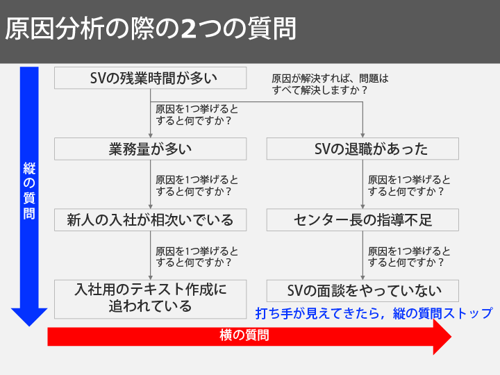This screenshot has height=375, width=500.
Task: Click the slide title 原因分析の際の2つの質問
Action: (151, 28)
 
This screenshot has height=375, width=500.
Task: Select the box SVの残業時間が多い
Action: (150, 78)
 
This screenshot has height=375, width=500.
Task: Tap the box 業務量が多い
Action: (150, 149)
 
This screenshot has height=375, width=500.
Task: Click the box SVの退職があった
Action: (362, 149)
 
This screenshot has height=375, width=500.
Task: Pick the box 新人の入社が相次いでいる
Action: (150, 220)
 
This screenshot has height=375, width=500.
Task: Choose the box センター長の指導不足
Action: (362, 220)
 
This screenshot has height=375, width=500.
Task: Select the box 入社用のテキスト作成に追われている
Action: (150, 299)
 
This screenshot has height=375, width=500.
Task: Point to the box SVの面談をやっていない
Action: (362, 291)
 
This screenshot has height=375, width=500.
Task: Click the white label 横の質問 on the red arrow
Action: (244, 335)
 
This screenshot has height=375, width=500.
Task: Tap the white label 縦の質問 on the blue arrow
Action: (29, 191)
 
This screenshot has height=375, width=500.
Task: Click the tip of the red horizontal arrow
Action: (451, 336)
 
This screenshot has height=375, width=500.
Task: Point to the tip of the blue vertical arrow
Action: (29, 326)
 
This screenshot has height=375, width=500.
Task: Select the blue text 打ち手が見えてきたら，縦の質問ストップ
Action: (374, 313)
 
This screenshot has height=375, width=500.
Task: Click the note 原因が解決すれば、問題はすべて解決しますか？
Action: (330, 85)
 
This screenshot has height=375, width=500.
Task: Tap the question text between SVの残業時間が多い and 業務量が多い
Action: (197, 115)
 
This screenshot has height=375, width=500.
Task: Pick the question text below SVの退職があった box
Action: (409, 186)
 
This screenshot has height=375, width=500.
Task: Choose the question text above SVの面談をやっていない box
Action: (409, 257)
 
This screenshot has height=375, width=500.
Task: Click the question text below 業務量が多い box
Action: (197, 186)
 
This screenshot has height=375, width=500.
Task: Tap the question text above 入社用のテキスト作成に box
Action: (197, 257)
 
